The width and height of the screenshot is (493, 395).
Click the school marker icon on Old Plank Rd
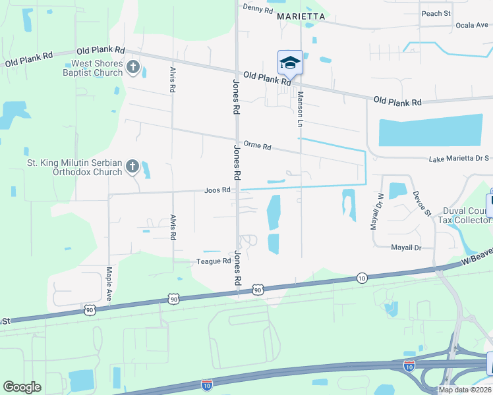(290, 63)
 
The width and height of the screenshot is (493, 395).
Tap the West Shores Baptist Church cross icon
(132, 67)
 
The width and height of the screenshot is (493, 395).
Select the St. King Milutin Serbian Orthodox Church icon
(132, 167)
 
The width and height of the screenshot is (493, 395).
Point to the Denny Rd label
(257, 9)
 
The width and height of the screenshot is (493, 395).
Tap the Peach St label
(436, 13)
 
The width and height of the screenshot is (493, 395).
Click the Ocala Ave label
(471, 26)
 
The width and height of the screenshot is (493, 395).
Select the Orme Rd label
(257, 145)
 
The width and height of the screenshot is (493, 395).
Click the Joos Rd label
(217, 190)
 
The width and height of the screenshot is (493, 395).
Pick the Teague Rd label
(213, 261)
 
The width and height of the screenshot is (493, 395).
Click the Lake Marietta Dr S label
(459, 159)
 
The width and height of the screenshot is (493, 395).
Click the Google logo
(22, 387)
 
